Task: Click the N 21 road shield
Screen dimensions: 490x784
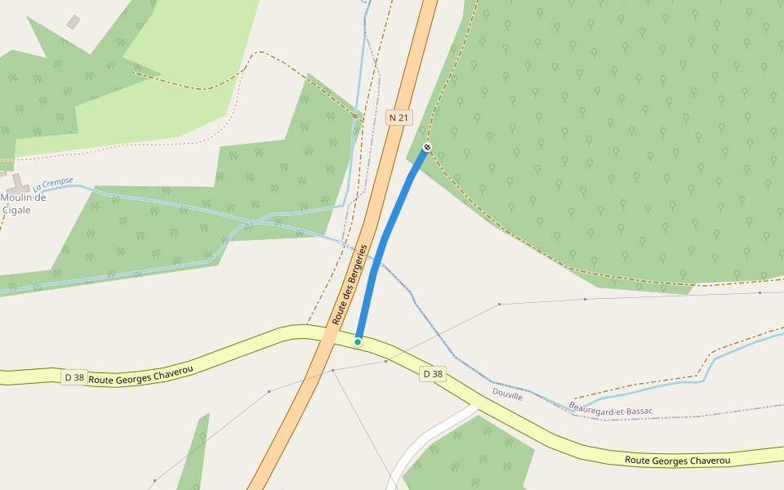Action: (x=399, y=118)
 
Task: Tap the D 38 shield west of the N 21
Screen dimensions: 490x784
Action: (x=73, y=377)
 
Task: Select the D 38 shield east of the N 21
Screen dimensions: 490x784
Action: (x=433, y=374)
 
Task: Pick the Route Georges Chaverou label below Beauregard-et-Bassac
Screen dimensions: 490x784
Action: (x=677, y=461)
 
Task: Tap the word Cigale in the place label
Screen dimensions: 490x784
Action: (x=16, y=210)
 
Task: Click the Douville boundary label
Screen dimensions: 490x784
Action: (x=507, y=394)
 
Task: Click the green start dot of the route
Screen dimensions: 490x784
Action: (x=358, y=341)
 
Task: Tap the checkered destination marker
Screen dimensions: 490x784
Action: (x=426, y=147)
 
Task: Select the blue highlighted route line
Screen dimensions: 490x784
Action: (x=384, y=245)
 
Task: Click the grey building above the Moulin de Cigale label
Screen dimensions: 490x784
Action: (x=73, y=22)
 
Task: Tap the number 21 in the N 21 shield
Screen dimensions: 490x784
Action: (x=403, y=118)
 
